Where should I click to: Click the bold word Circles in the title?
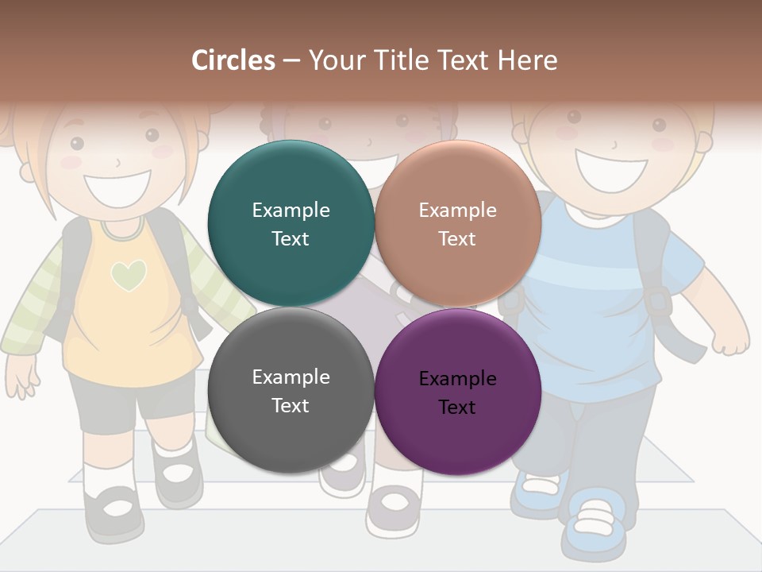pyautogui.click(x=233, y=60)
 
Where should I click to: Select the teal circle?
pyautogui.click(x=291, y=224)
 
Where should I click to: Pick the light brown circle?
pyautogui.click(x=457, y=224)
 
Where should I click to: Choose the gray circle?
pyautogui.click(x=291, y=391)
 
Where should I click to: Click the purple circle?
pyautogui.click(x=457, y=391)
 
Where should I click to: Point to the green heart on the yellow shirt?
pyautogui.click(x=129, y=275)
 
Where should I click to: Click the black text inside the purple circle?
pyautogui.click(x=457, y=392)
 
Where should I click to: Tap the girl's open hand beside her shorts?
pyautogui.click(x=22, y=373)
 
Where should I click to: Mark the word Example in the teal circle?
pyautogui.click(x=291, y=210)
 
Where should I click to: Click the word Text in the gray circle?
pyautogui.click(x=291, y=405)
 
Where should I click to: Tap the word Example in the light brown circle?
pyautogui.click(x=457, y=210)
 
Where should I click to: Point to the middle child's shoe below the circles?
pyautogui.click(x=393, y=508)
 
